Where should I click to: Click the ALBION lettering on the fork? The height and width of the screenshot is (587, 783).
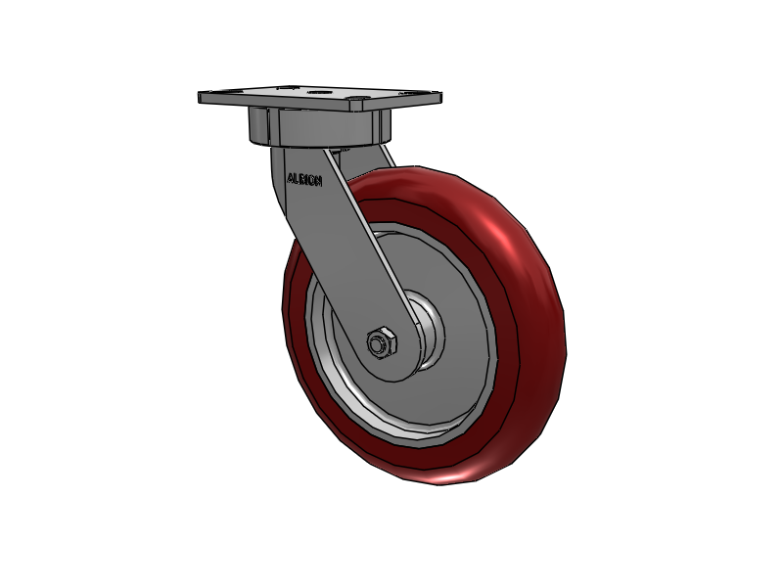[x=304, y=180]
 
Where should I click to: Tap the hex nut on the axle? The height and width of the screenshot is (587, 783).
[x=382, y=342]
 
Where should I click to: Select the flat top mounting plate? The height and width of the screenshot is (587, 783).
[x=320, y=97]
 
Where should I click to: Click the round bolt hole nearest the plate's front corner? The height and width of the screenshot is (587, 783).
[x=357, y=99]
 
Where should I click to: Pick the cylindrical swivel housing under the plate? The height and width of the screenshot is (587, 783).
[x=320, y=127]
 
